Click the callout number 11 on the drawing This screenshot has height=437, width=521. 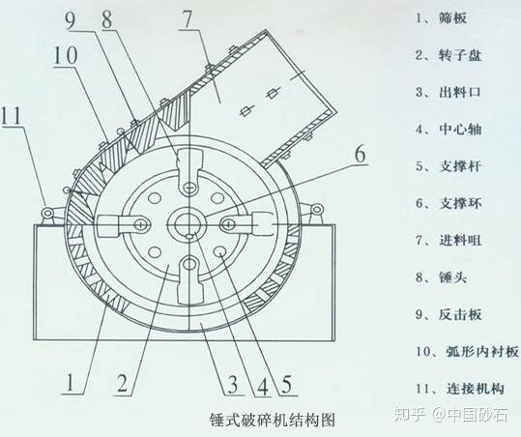(x=12, y=115)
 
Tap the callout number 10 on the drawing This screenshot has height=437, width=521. (x=66, y=55)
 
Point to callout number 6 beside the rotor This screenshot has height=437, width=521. (x=360, y=154)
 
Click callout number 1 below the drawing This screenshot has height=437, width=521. (x=71, y=382)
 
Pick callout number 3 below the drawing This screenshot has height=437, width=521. (x=233, y=384)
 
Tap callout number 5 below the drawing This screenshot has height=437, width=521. (x=286, y=384)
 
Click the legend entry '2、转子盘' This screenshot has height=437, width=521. (x=449, y=55)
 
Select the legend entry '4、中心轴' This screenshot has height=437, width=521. (x=449, y=129)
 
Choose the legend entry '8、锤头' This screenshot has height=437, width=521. (x=441, y=277)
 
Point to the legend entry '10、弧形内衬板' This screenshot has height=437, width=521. (x=467, y=351)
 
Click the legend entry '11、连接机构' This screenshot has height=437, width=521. (x=460, y=389)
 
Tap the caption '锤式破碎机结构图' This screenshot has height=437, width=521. (x=273, y=420)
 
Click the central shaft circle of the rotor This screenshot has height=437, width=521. (x=188, y=223)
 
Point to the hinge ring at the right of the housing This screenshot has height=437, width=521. (x=318, y=209)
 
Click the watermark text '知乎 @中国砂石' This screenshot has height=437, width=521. (x=450, y=415)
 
